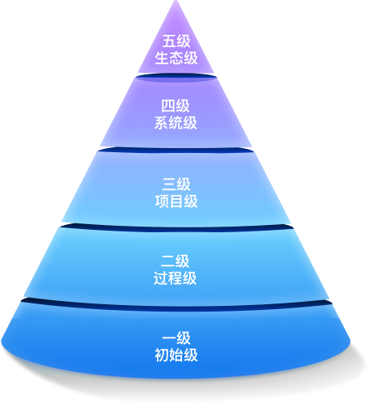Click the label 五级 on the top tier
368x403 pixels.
(176, 41)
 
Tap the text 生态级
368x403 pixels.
(176, 57)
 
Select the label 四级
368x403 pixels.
(176, 106)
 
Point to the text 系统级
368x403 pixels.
(176, 123)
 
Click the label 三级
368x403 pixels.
(176, 185)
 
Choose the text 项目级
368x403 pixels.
(176, 201)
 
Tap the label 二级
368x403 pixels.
(176, 261)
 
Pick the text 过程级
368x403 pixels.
(176, 278)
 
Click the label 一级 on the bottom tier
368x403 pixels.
(176, 338)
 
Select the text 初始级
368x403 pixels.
(176, 355)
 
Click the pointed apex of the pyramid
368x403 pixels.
(176, 1)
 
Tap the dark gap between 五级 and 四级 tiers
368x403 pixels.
(176, 78)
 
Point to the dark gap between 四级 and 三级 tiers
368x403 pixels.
(176, 151)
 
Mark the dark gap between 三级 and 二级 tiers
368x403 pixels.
(176, 228)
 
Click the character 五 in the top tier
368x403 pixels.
(169, 41)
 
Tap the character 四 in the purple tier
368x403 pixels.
(168, 106)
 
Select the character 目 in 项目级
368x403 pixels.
(176, 201)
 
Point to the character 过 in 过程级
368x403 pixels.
(161, 278)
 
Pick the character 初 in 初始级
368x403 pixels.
(162, 355)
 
